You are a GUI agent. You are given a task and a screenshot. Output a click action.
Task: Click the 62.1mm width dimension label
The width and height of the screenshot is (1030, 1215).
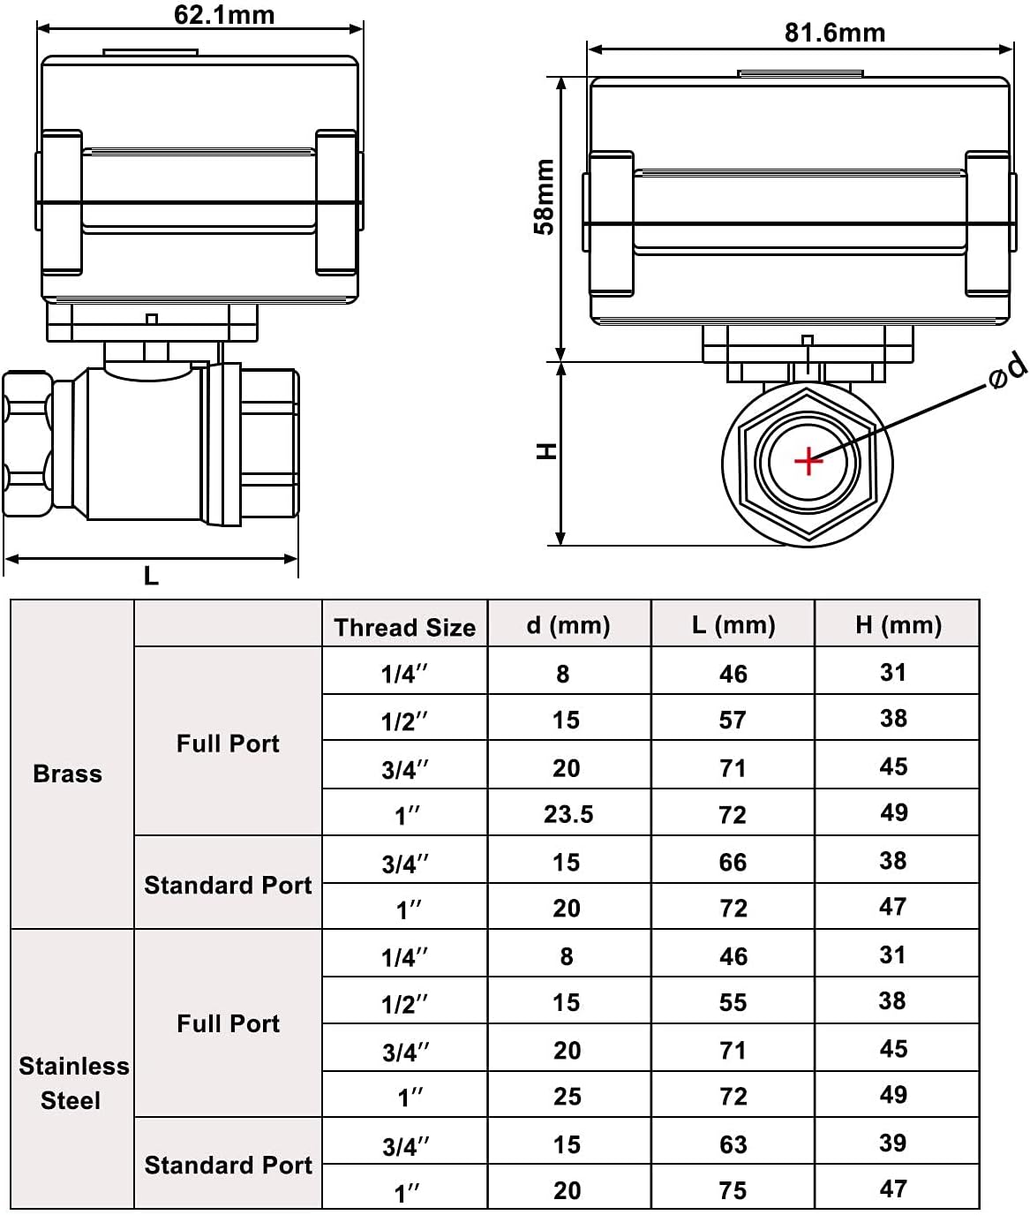point(224,15)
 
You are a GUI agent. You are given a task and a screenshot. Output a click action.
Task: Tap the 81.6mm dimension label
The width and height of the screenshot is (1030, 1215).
point(834,33)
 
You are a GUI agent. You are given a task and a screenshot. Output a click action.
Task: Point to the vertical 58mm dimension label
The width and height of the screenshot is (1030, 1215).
point(545,197)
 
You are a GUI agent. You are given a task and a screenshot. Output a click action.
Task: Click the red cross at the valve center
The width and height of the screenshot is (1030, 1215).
point(808,462)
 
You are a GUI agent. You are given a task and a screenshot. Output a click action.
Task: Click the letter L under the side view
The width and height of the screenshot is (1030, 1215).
point(151,576)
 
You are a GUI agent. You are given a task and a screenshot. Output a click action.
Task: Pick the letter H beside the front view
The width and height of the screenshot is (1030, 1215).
point(546,451)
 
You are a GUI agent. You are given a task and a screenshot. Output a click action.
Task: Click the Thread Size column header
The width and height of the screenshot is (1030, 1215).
point(405,628)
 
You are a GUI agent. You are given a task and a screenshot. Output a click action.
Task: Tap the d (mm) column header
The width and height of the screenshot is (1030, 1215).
point(568,625)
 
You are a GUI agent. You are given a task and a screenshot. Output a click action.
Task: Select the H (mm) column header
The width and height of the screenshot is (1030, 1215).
point(899,625)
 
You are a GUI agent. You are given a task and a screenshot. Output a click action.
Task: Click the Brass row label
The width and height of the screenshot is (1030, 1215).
point(68,774)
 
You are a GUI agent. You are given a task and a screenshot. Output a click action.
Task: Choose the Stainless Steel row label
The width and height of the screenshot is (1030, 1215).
point(73,1083)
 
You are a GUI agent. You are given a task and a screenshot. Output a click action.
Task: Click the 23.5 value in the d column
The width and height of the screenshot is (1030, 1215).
point(568,814)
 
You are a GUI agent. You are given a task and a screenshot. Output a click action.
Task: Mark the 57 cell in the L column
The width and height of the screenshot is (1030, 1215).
point(733,720)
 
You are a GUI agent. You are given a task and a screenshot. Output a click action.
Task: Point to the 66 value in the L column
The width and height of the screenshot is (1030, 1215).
point(733,863)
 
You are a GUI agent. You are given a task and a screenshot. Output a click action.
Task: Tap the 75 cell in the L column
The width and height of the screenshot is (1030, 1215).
point(733,1190)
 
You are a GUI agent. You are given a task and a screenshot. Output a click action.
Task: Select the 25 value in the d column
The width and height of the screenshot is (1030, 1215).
point(567,1097)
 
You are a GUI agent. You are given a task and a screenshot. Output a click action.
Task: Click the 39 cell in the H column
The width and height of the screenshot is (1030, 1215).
point(893,1143)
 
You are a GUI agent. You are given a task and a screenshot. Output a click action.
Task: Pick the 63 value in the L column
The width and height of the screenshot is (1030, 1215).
point(733,1144)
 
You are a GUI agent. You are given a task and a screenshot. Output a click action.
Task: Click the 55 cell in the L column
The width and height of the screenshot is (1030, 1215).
point(733,1002)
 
